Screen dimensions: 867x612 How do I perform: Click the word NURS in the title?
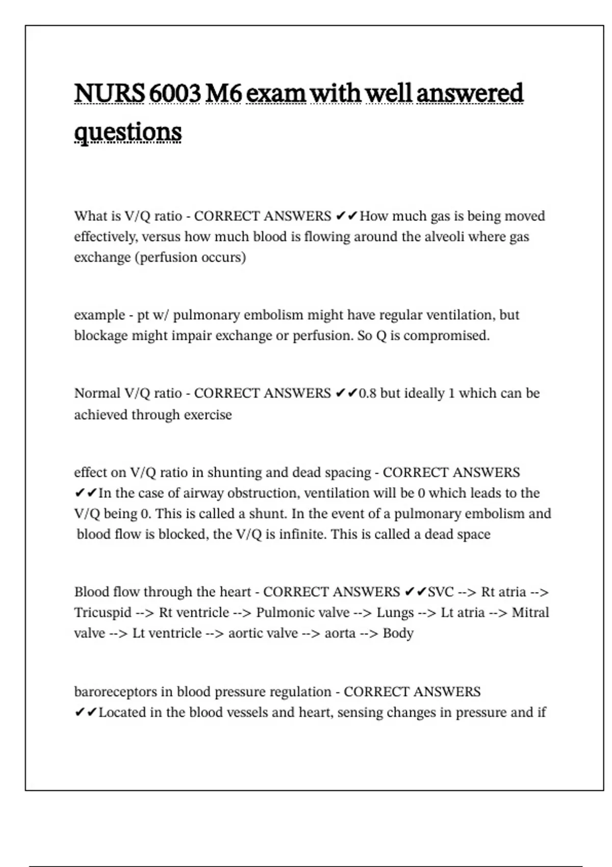(x=109, y=93)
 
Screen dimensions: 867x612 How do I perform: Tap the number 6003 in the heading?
(x=174, y=93)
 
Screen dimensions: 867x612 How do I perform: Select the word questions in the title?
(x=127, y=132)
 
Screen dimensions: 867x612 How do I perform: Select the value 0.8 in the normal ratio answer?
(x=367, y=393)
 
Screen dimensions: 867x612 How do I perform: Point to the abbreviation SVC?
(x=441, y=592)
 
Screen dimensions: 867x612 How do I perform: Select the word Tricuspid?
(x=103, y=613)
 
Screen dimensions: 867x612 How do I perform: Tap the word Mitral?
(x=530, y=613)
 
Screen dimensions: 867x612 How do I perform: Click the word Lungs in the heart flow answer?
(x=395, y=613)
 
